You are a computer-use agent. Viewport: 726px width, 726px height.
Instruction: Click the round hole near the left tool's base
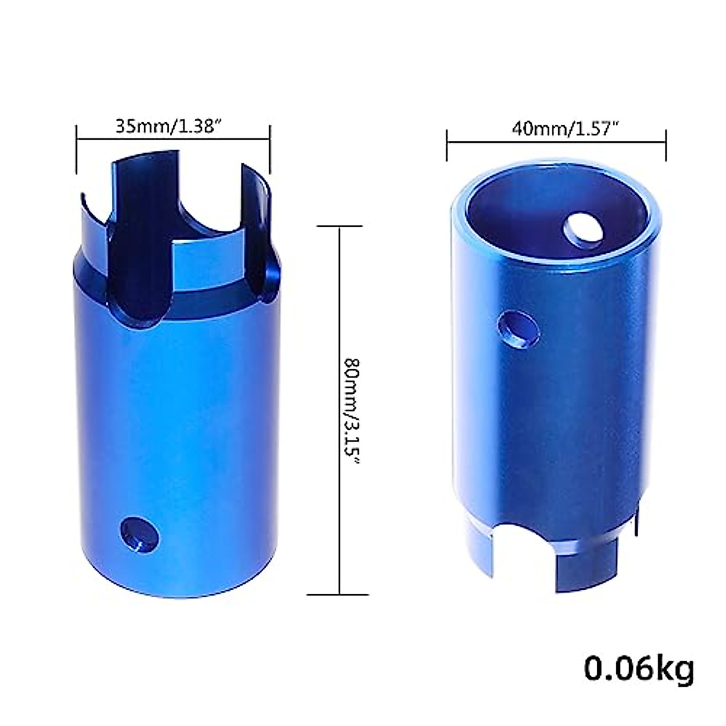[x=141, y=535]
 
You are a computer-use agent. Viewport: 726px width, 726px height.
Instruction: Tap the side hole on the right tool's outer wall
[x=516, y=329]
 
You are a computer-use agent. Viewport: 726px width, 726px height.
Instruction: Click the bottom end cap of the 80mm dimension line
[x=339, y=595]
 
